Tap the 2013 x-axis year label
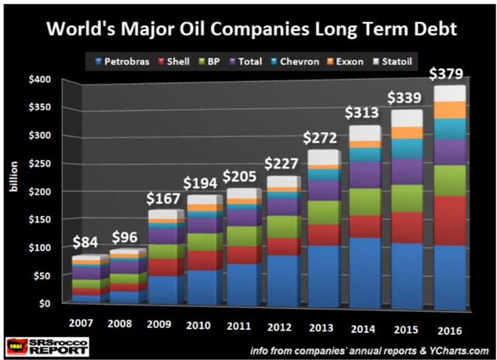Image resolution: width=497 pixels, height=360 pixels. (304, 321)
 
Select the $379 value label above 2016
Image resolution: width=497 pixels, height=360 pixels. (447, 74)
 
